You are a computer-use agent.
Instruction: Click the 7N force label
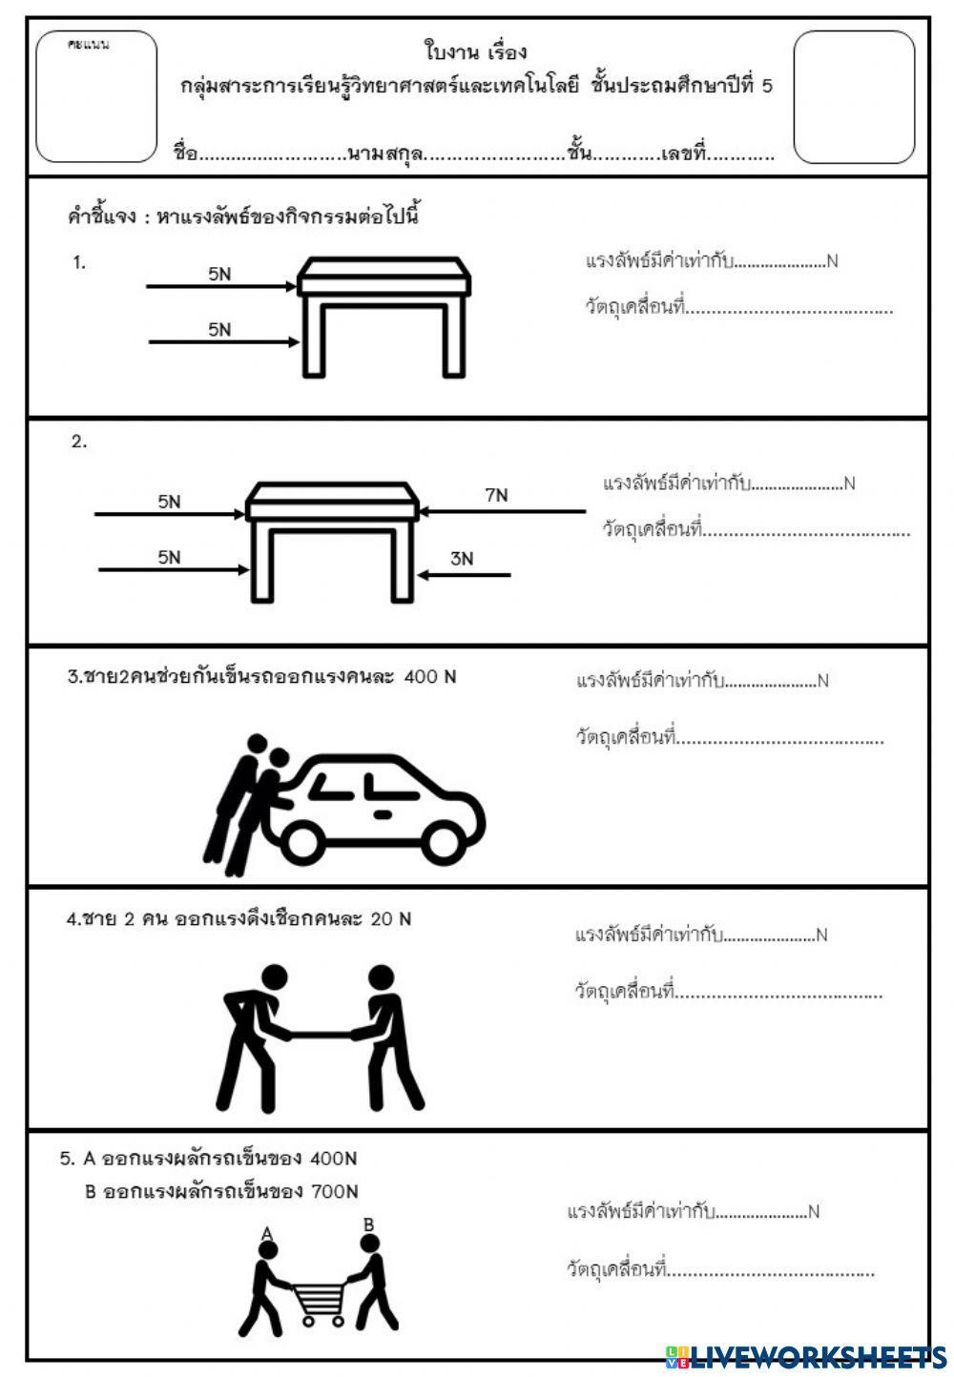[x=496, y=495]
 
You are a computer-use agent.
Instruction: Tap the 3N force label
[x=462, y=559]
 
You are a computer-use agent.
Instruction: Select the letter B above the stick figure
[x=368, y=1224]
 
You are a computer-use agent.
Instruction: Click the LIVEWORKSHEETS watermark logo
[x=806, y=1356]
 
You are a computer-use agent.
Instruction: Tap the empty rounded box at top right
[x=854, y=97]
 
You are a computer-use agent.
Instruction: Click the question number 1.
[x=79, y=262]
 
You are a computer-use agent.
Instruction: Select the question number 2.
[x=79, y=442]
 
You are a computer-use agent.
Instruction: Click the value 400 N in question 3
[x=430, y=677]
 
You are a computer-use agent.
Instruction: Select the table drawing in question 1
[x=384, y=315]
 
